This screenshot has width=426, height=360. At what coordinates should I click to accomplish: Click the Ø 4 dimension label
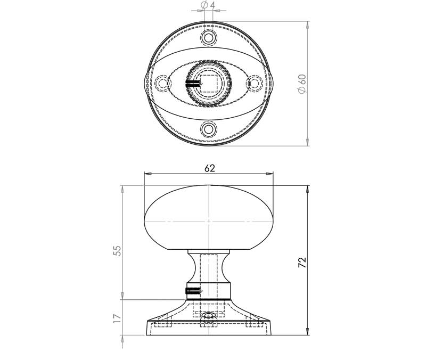coord(208,5)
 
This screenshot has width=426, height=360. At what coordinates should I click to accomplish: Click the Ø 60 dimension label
coord(302,84)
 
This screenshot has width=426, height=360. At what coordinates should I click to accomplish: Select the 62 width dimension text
coord(209,168)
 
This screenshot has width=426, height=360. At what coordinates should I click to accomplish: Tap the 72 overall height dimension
coord(302,263)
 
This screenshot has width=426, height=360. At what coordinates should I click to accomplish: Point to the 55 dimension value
coord(117,251)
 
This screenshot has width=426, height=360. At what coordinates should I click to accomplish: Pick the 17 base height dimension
coord(117,318)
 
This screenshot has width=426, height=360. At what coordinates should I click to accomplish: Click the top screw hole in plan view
coord(209,37)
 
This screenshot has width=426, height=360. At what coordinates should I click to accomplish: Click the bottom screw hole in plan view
coord(209,129)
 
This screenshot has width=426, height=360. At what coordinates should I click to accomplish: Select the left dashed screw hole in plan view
coord(162,83)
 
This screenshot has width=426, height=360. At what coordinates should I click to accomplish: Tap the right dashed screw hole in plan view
coord(255,83)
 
